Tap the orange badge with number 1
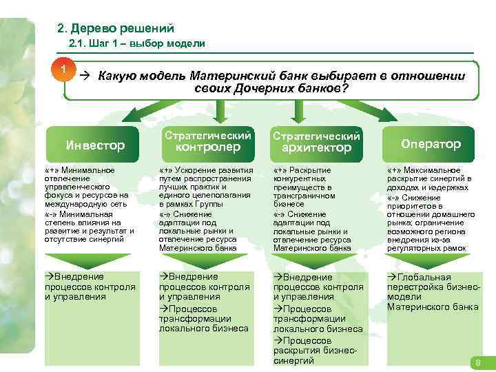tap(63, 70)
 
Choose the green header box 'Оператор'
tap(431, 144)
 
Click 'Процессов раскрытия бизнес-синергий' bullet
tap(318, 351)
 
